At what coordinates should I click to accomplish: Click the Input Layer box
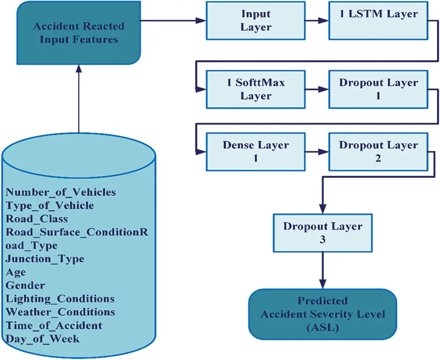(256, 20)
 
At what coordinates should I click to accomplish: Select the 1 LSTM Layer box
(378, 20)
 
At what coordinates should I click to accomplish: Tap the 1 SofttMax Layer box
(256, 89)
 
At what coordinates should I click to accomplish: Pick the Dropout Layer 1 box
(378, 89)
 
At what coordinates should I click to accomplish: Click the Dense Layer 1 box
(256, 152)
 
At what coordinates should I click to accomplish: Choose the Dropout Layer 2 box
(378, 152)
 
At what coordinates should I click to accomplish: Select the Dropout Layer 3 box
(323, 233)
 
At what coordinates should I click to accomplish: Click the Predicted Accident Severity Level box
(323, 314)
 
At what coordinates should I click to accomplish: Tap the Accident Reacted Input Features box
(79, 33)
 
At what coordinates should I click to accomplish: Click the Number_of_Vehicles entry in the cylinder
(61, 192)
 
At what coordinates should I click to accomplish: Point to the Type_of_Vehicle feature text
(50, 205)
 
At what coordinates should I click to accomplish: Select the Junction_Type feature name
(45, 259)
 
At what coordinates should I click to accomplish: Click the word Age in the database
(16, 272)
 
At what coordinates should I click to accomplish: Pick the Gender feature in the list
(25, 285)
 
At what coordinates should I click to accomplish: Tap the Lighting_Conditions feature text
(60, 299)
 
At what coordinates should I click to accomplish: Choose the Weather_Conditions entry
(60, 312)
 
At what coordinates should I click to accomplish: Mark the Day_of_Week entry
(42, 338)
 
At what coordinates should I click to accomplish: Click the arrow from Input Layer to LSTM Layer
(316, 20)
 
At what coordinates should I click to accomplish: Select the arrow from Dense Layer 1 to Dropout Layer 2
(316, 152)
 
